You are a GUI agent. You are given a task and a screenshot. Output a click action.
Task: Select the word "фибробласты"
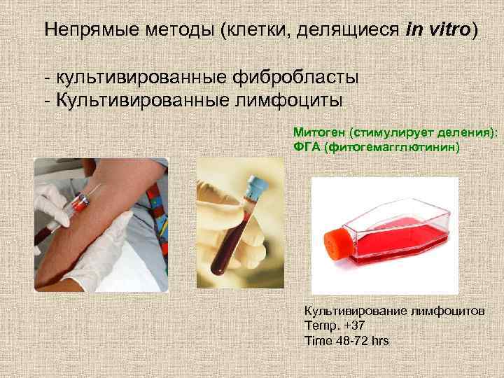289,75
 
